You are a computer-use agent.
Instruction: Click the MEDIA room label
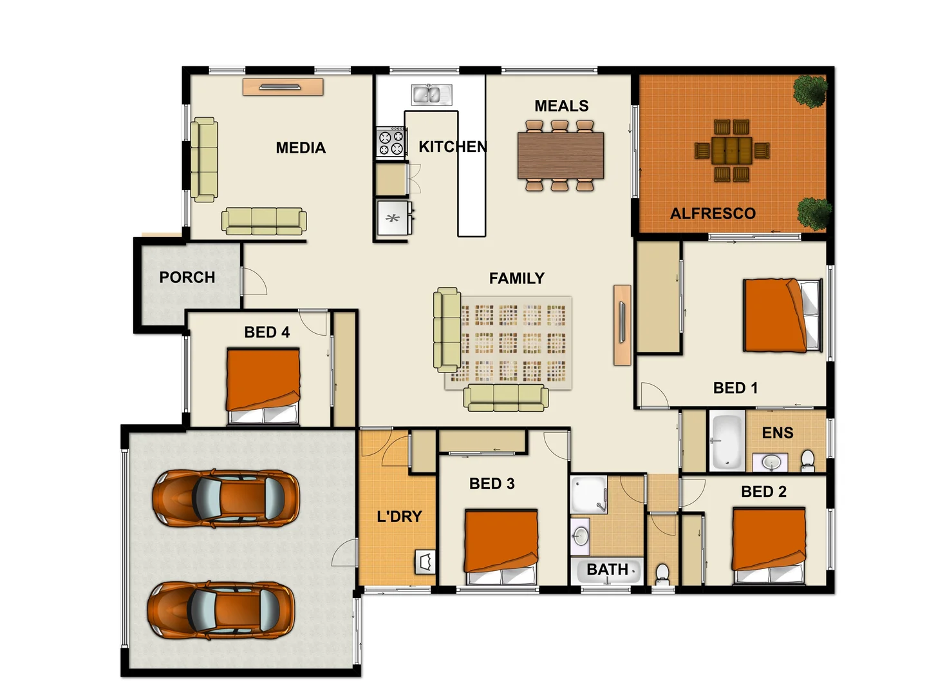(x=301, y=148)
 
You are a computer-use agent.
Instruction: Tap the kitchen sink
(x=431, y=95)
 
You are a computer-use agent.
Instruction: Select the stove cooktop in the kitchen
(x=391, y=142)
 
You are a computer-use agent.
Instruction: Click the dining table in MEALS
(x=561, y=155)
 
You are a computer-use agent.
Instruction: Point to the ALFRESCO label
(x=713, y=213)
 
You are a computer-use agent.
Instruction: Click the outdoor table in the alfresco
(x=731, y=151)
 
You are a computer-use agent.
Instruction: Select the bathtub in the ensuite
(x=727, y=442)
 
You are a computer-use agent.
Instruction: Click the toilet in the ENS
(x=807, y=460)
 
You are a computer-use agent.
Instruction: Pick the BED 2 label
(x=763, y=492)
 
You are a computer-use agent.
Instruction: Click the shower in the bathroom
(x=588, y=494)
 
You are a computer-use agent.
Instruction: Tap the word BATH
(x=607, y=570)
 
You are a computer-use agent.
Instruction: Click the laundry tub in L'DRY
(x=426, y=563)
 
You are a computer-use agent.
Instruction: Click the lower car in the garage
(x=221, y=610)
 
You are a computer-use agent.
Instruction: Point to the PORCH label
(x=187, y=277)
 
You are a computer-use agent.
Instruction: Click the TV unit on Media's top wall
(x=283, y=87)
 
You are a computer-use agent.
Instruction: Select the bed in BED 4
(x=263, y=385)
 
